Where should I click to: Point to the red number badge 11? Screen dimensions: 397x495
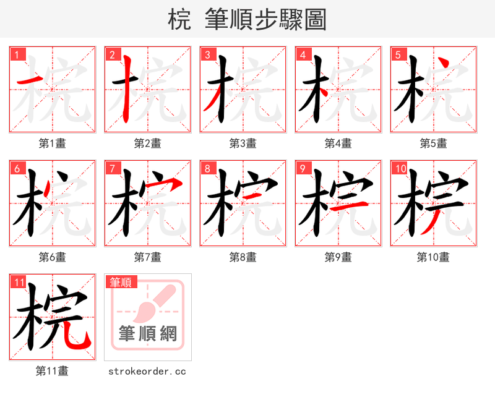(19, 283)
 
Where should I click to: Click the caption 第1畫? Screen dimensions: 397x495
(53, 143)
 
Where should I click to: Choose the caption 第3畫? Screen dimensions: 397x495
(243, 143)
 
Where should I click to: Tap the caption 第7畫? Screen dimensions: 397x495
(147, 257)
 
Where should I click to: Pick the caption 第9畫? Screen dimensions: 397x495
(338, 257)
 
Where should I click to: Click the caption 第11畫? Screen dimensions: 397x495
(53, 371)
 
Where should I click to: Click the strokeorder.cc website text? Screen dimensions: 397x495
(147, 372)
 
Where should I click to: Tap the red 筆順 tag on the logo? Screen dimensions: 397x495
(121, 283)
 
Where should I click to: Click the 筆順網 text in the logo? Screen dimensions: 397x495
(148, 334)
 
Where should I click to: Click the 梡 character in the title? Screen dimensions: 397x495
(179, 20)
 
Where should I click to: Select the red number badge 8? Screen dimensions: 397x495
(208, 168)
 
